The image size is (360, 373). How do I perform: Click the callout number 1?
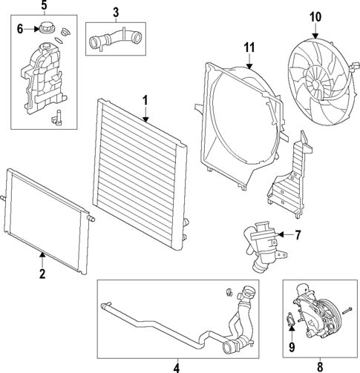pyautogui.click(x=145, y=99)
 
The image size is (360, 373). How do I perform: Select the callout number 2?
pyautogui.click(x=42, y=274)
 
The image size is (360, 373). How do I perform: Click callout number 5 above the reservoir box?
pyautogui.click(x=43, y=7)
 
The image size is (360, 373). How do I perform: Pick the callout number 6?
pyautogui.click(x=22, y=29)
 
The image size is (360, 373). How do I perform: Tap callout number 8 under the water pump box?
pyautogui.click(x=320, y=366)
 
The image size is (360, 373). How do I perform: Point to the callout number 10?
pyautogui.click(x=315, y=16)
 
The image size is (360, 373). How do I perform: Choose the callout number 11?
pyautogui.click(x=249, y=48)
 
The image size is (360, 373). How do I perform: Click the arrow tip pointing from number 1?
pyautogui.click(x=145, y=121)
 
